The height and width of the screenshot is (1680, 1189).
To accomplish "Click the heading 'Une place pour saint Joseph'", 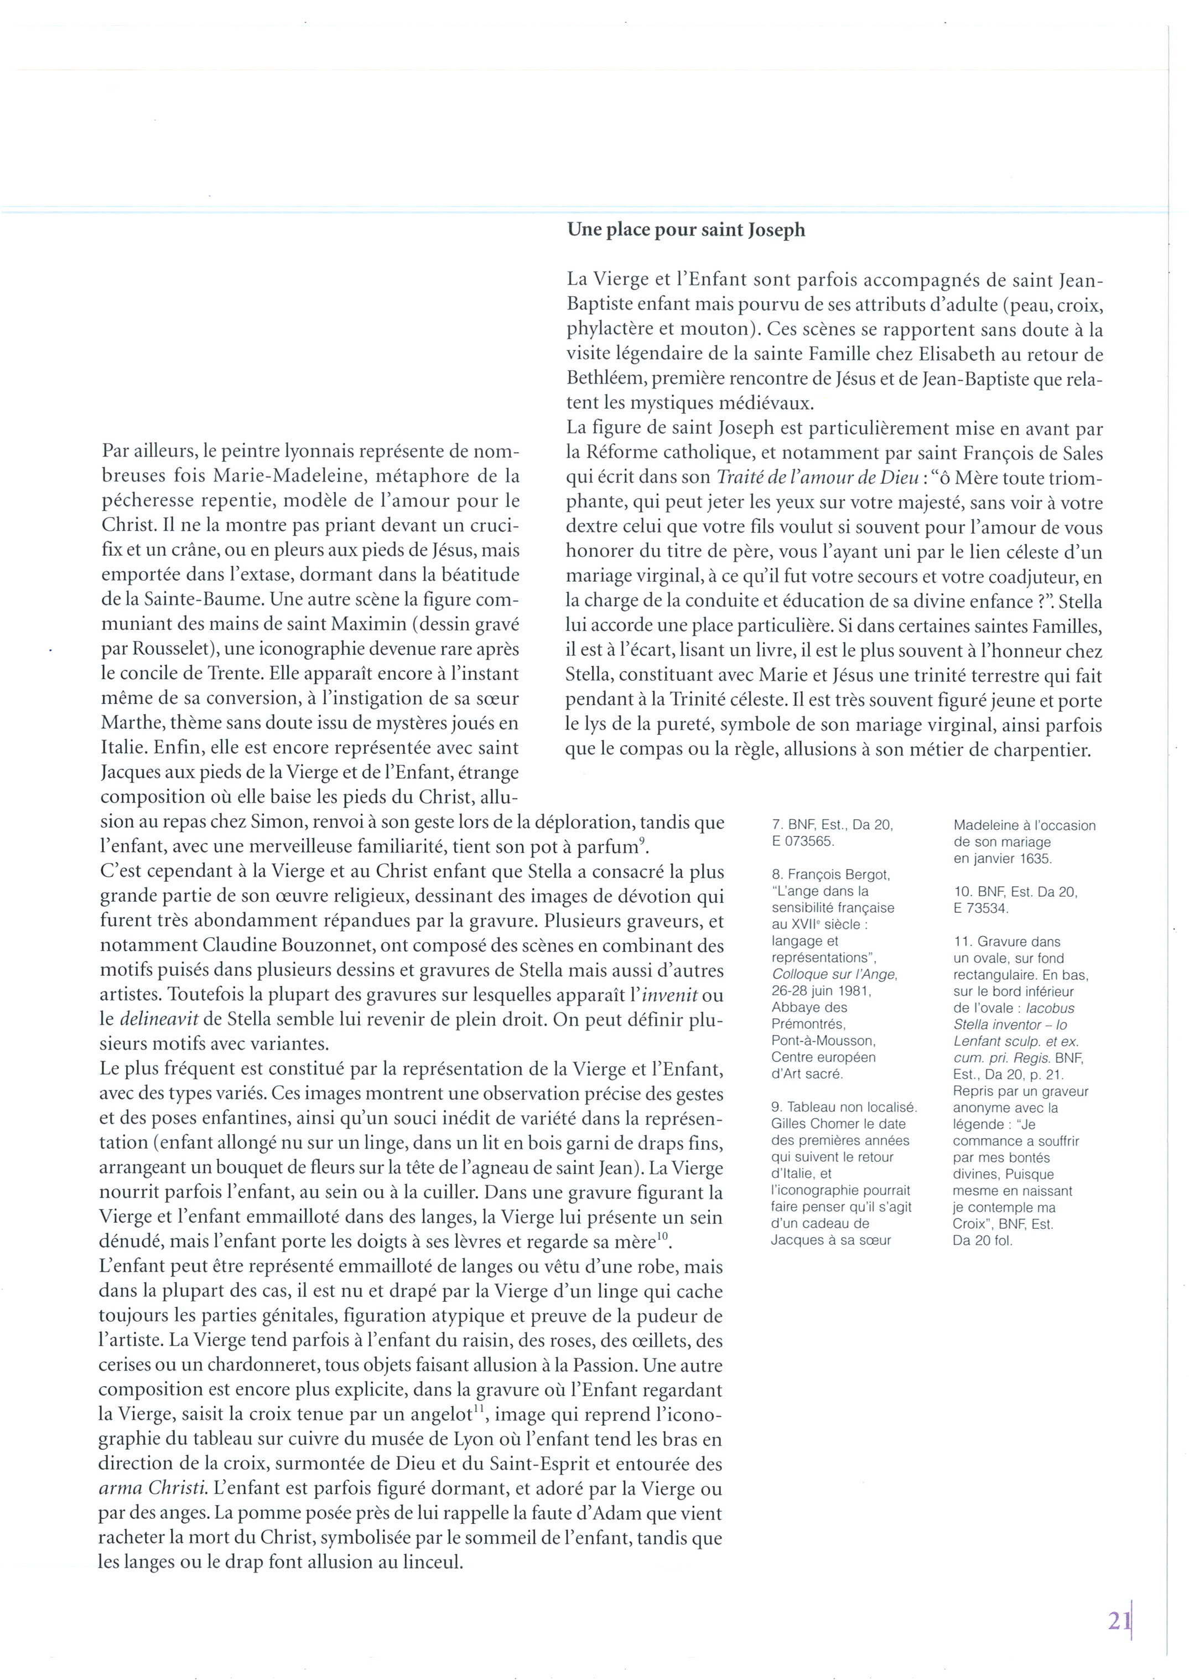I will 686,230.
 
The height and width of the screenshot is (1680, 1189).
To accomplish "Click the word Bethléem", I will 605,379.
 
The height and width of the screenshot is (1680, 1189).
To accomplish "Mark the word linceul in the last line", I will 428,1563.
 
